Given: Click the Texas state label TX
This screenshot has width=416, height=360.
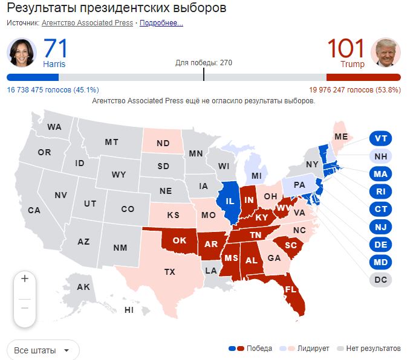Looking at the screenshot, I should coord(169,272).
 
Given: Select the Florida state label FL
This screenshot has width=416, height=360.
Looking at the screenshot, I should coord(290,289).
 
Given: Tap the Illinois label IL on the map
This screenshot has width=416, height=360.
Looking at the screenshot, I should coord(230,201).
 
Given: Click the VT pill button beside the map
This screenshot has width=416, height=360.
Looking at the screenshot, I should coord(380,138).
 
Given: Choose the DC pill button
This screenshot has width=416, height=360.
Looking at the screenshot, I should coord(380,280).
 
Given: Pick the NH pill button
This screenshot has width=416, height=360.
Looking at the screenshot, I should coord(380,156).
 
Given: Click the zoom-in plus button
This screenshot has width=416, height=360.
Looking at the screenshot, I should coord(25,279).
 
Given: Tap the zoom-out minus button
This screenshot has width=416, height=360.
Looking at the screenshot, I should coord(25,307).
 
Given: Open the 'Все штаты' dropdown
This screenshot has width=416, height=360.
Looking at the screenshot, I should coord(43,350).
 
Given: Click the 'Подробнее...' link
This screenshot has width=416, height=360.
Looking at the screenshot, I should coord(161,23).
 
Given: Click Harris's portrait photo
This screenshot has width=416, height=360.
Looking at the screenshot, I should coord(22,53).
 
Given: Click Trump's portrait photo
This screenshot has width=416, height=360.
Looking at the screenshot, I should coord(385,53).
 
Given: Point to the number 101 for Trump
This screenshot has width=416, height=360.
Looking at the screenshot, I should coord(346,48).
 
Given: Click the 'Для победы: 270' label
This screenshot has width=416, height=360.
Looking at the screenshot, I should coord(203,63).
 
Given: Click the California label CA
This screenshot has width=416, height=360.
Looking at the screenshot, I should coord(34,210).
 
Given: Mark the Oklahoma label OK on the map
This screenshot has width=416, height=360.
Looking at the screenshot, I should coord(180,240).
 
